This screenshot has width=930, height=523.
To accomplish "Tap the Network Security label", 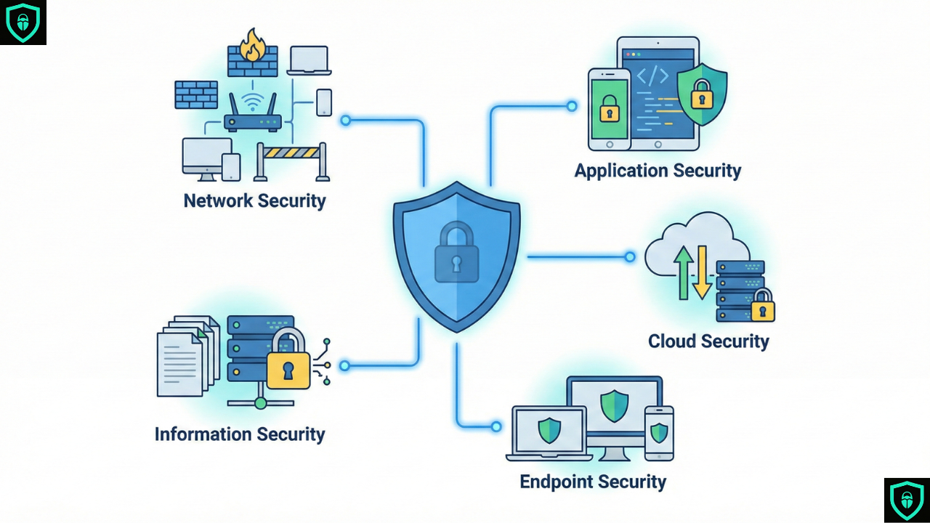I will pyautogui.click(x=254, y=200).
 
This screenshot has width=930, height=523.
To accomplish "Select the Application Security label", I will pyautogui.click(x=658, y=171).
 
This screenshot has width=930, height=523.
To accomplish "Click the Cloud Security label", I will pyautogui.click(x=708, y=341).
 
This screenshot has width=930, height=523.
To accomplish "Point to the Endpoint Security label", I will pyautogui.click(x=593, y=482).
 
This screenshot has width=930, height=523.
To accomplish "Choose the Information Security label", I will pyautogui.click(x=240, y=434).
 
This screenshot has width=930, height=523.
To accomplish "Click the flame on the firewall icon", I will pyautogui.click(x=254, y=45).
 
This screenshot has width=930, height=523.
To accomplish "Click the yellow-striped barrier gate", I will pyautogui.click(x=291, y=153).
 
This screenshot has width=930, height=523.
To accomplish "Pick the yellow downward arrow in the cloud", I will pyautogui.click(x=702, y=272).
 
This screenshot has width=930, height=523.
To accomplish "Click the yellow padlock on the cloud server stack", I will pyautogui.click(x=762, y=307).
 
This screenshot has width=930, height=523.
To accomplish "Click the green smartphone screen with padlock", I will pyautogui.click(x=609, y=108).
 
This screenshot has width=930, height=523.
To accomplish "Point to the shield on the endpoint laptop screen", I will pyautogui.click(x=549, y=431).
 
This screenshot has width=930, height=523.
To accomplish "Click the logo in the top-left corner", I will pyautogui.click(x=23, y=23).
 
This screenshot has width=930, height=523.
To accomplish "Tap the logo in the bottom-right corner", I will pyautogui.click(x=906, y=500).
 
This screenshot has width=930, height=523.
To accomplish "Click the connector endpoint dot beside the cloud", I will pyautogui.click(x=630, y=256).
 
